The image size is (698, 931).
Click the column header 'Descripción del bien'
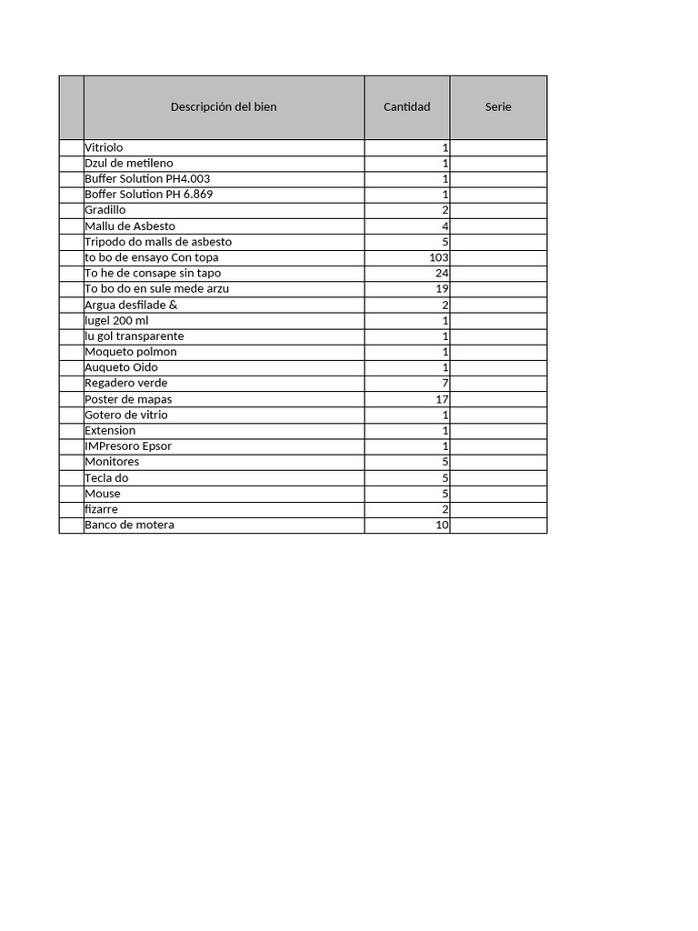[x=224, y=107]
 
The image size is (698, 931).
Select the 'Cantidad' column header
[x=406, y=107]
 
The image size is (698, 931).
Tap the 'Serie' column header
[x=498, y=107]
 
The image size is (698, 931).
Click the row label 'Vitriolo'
[x=104, y=147]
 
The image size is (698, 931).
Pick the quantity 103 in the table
[x=439, y=257]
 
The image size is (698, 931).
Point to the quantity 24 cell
[x=442, y=273]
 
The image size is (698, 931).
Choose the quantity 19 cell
[x=442, y=289]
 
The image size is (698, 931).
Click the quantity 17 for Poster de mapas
[x=442, y=399]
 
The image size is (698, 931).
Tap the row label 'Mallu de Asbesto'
[x=130, y=226]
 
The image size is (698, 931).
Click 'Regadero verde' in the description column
[x=125, y=384]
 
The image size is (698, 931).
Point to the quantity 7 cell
[x=445, y=384]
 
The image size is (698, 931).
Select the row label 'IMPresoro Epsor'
[x=128, y=446]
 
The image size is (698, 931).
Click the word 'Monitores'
[x=112, y=462]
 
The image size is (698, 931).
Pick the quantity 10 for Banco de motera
[x=442, y=526]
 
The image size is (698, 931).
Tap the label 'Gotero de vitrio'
[x=125, y=415]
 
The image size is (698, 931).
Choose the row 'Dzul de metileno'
[x=128, y=164]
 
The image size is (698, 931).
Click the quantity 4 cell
[x=445, y=226]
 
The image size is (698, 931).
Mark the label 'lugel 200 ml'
[x=116, y=321]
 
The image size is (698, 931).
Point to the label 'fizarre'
[x=101, y=509]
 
